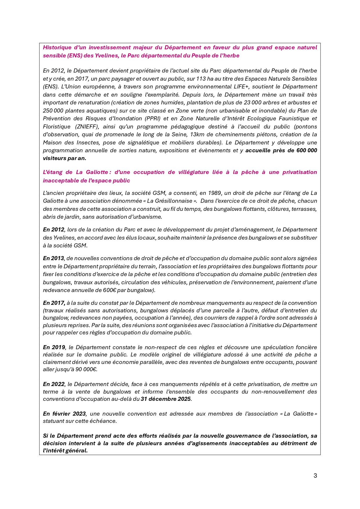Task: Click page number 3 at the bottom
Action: (315, 476)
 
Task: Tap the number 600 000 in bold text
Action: (307, 150)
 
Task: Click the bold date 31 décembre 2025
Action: (166, 399)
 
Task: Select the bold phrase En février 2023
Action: (64, 414)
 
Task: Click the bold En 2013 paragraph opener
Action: (53, 258)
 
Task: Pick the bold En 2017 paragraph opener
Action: (54, 303)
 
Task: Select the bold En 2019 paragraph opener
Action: (54, 347)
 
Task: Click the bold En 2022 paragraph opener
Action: (54, 384)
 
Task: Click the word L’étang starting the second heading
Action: (53, 172)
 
